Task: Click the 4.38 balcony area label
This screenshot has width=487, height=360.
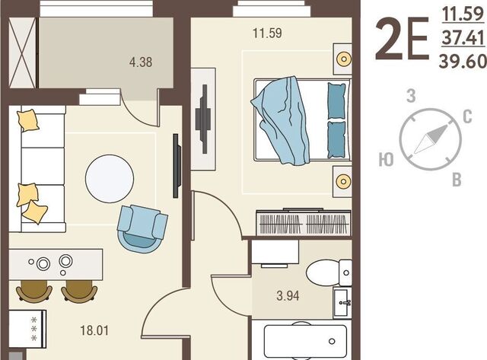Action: click(141, 62)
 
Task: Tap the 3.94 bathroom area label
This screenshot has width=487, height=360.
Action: click(288, 296)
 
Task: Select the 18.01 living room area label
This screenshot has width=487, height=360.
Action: click(94, 330)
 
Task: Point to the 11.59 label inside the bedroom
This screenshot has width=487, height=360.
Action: click(267, 33)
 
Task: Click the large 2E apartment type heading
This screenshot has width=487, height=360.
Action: click(402, 39)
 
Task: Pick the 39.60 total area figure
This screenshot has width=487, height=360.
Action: click(463, 61)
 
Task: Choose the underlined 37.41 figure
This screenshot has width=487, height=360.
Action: click(463, 37)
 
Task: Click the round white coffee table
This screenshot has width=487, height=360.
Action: click(110, 179)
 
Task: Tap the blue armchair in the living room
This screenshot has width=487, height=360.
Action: click(142, 228)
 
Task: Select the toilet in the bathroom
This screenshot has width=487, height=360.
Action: click(329, 272)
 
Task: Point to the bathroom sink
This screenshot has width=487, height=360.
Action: click(342, 303)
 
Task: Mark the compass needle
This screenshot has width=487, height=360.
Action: click(431, 139)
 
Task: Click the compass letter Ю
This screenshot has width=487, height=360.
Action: click(386, 160)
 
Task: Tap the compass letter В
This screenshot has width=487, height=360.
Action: click(457, 180)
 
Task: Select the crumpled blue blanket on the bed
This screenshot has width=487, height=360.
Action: click(281, 120)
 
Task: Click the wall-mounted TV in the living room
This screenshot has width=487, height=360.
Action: click(177, 166)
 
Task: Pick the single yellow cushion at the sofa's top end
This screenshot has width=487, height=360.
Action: click(28, 120)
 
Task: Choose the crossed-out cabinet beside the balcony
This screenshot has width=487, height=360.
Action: click(22, 53)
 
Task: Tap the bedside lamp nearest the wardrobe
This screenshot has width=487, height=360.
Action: click(343, 181)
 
